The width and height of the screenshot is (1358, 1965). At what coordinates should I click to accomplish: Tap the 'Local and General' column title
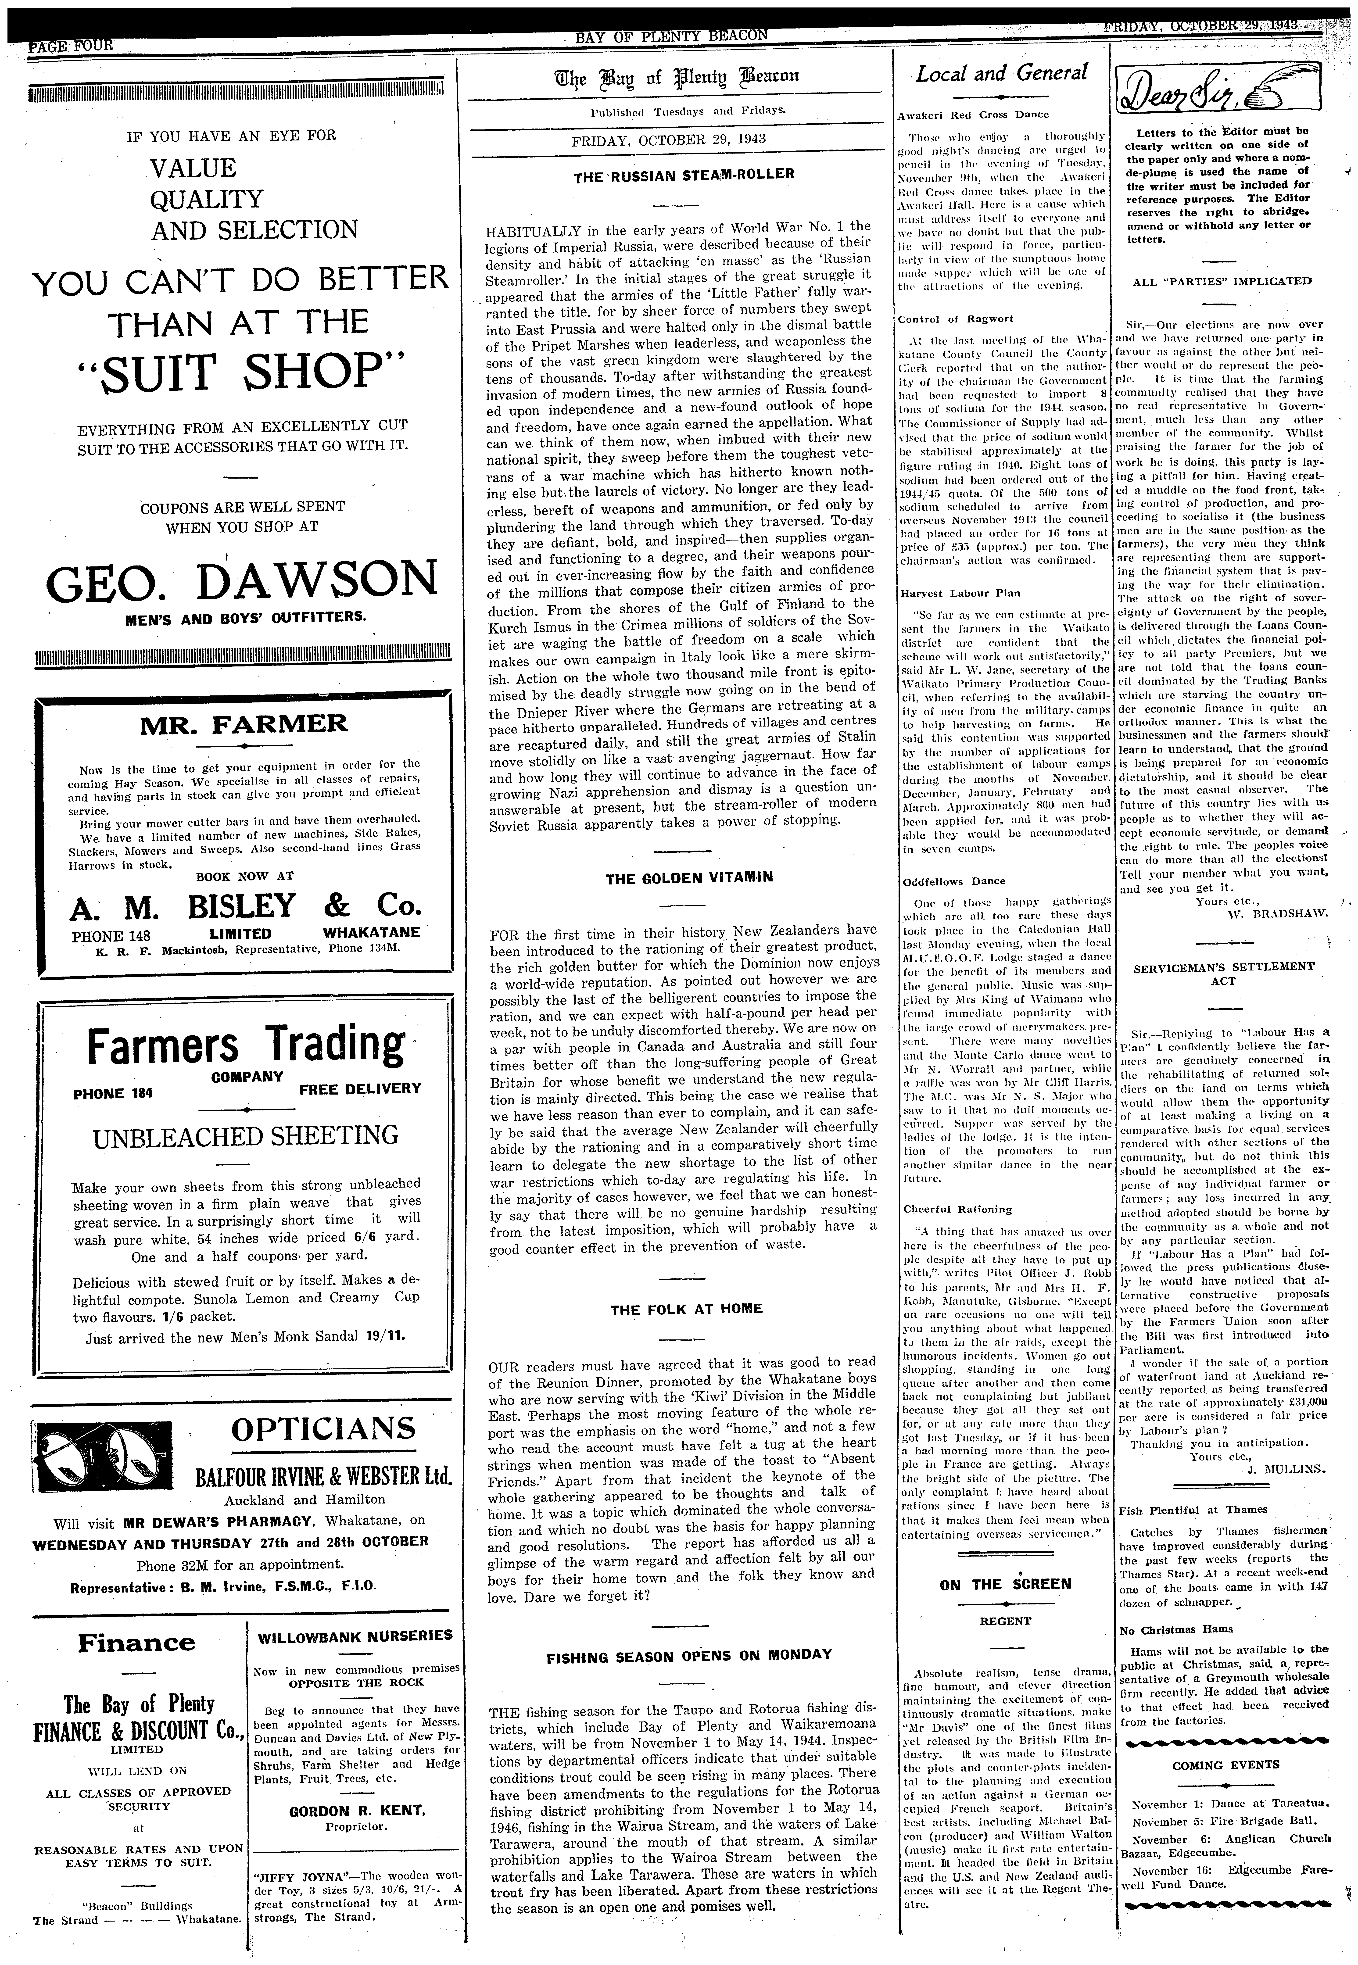coord(1001,74)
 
